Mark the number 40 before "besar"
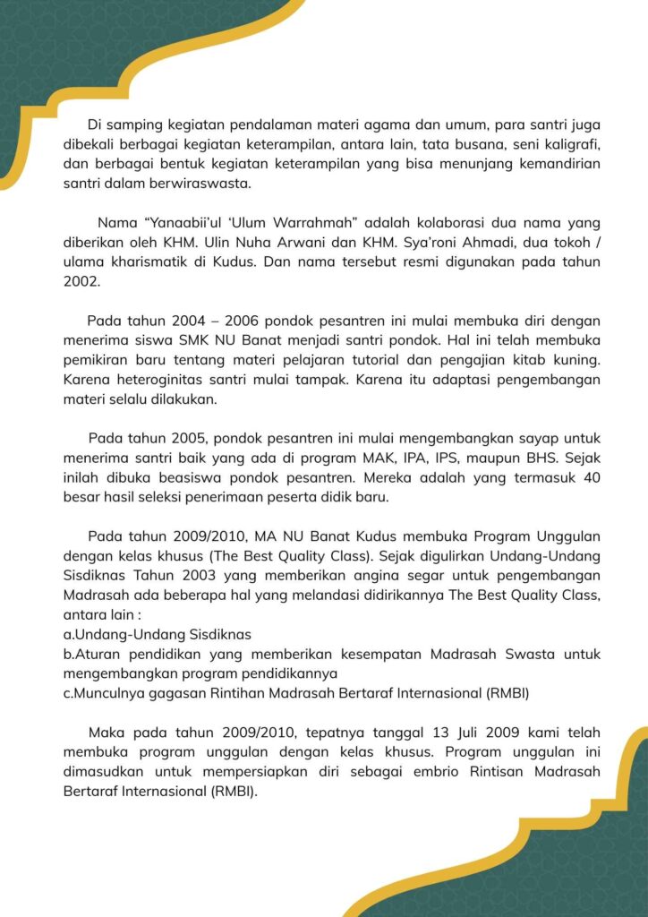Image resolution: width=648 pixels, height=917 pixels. point(591,478)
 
